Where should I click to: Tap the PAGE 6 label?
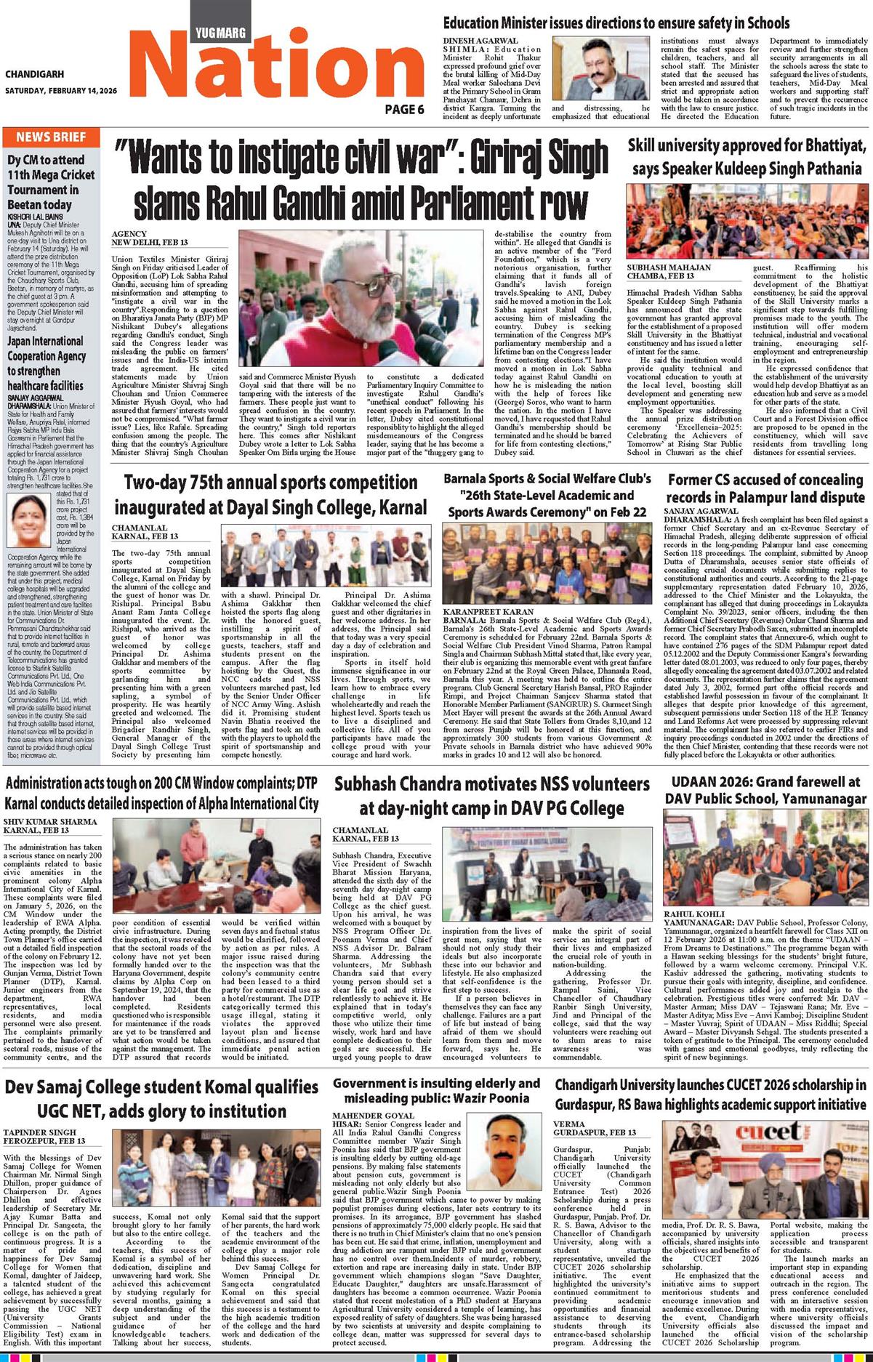click(404, 110)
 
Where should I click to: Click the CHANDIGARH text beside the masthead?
click(34, 74)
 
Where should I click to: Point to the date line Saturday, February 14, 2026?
click(61, 91)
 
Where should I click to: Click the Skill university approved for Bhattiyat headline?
click(748, 158)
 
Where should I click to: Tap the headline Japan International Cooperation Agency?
click(46, 363)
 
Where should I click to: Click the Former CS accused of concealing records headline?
click(765, 489)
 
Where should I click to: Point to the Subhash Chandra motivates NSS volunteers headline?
click(491, 795)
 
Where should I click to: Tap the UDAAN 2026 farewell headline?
click(765, 790)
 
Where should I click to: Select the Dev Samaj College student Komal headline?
click(161, 1098)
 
